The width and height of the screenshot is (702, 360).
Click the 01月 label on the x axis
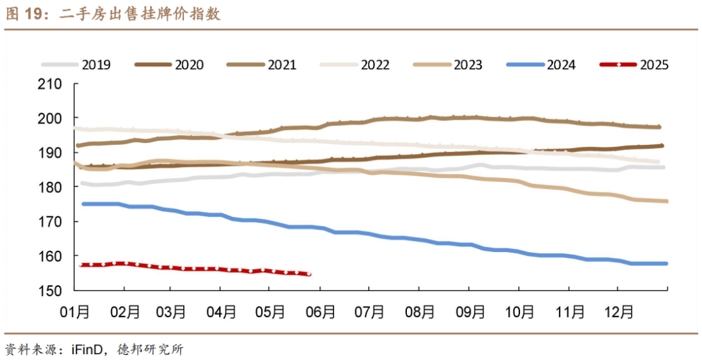point(75,312)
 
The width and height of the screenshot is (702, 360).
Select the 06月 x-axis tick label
point(320,312)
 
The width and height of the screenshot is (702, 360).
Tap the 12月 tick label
point(617,312)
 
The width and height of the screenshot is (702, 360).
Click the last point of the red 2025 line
point(309,274)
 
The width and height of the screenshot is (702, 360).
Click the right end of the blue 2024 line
point(666,263)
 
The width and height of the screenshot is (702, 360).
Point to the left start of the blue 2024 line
point(83,204)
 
